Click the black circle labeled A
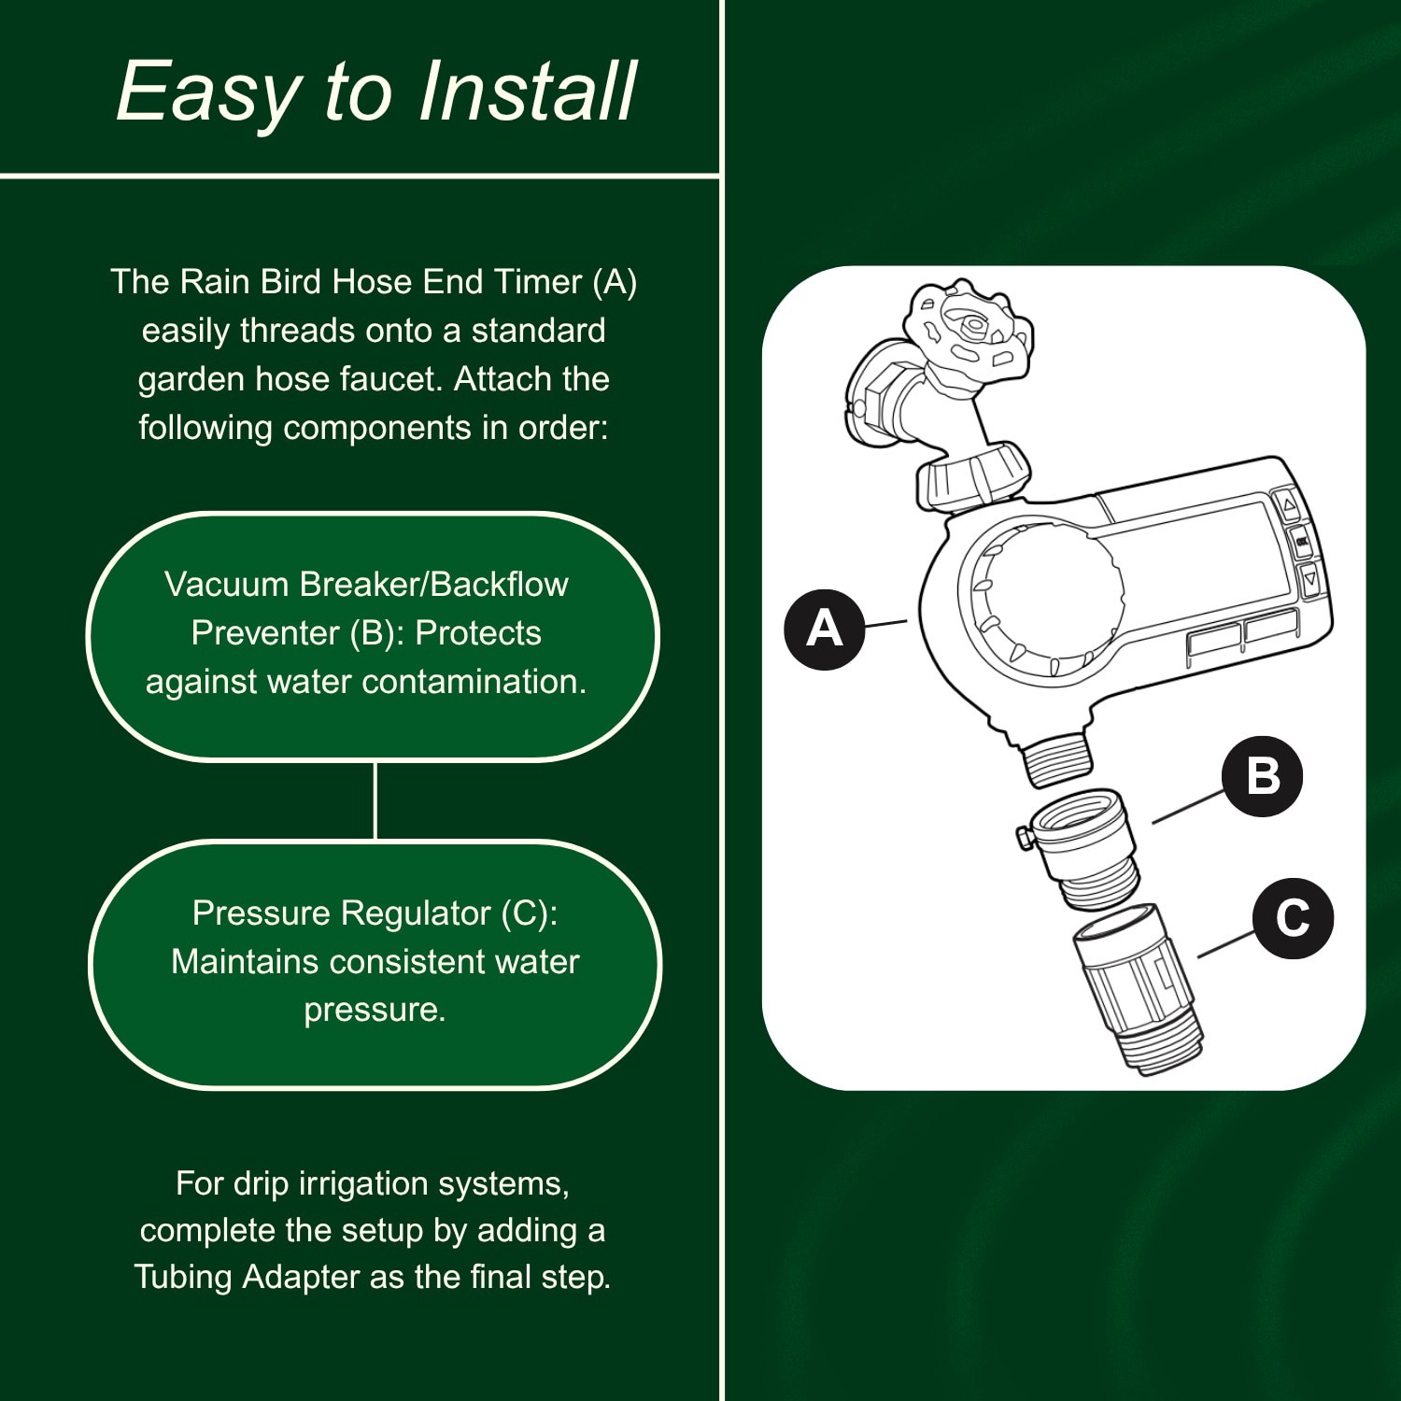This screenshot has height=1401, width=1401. [x=824, y=629]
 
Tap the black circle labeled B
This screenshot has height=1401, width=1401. [x=1262, y=776]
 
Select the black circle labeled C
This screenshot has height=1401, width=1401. [x=1293, y=918]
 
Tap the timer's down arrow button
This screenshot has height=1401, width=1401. [x=1309, y=579]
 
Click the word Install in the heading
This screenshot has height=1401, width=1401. [x=527, y=92]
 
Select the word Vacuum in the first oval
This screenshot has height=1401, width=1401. [x=227, y=585]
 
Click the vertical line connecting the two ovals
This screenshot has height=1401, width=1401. [x=375, y=800]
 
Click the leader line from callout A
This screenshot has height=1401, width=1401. [x=885, y=623]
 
